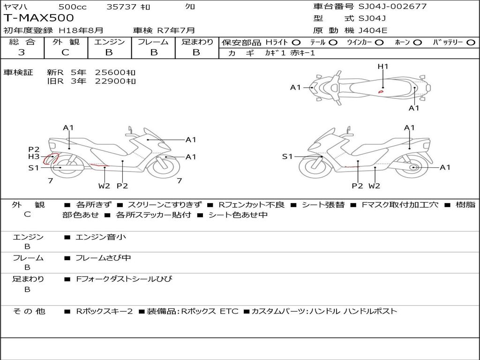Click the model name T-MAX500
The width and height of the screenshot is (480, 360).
(39, 18)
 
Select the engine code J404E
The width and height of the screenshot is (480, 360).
(373, 30)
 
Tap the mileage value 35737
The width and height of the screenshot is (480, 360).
(121, 7)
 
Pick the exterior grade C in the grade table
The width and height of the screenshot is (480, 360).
(65, 52)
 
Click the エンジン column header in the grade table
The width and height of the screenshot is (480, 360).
(109, 42)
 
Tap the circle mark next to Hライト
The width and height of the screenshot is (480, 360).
(296, 42)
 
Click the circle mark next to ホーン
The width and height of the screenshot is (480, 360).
(418, 42)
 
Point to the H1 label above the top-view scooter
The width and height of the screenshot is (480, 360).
(383, 67)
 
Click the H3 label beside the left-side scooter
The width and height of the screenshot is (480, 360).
(34, 157)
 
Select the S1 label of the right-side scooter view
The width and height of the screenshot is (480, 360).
(287, 157)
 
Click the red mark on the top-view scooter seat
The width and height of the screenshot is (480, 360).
(381, 91)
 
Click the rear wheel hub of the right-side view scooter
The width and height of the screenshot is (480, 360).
(413, 167)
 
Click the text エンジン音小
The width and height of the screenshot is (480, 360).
(101, 237)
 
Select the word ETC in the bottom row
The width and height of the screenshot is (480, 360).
(229, 311)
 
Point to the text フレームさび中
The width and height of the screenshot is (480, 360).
(104, 258)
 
